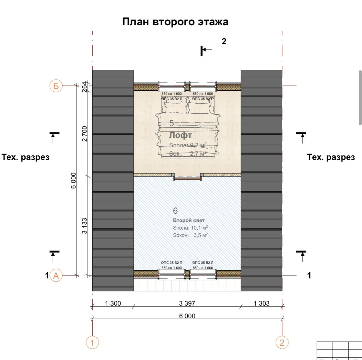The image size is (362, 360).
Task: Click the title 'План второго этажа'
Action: [175, 22]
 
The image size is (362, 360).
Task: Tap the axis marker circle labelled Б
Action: [56, 86]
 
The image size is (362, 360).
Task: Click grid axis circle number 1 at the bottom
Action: [92, 342]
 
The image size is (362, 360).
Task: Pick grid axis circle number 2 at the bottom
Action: [282, 342]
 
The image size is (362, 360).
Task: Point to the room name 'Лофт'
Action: [181, 135]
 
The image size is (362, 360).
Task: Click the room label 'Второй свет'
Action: [189, 220]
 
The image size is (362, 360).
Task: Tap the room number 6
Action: [175, 211]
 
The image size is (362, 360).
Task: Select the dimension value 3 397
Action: [187, 303]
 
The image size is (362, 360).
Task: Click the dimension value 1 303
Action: [261, 303]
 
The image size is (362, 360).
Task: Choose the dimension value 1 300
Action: [113, 303]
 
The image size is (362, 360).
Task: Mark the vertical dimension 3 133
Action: [85, 226]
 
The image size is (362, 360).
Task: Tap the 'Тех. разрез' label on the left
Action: [26, 157]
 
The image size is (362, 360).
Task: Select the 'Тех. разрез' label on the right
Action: [331, 157]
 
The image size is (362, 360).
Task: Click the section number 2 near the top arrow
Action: [224, 41]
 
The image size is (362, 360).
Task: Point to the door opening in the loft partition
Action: [187, 177]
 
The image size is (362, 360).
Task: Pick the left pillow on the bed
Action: [175, 107]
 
